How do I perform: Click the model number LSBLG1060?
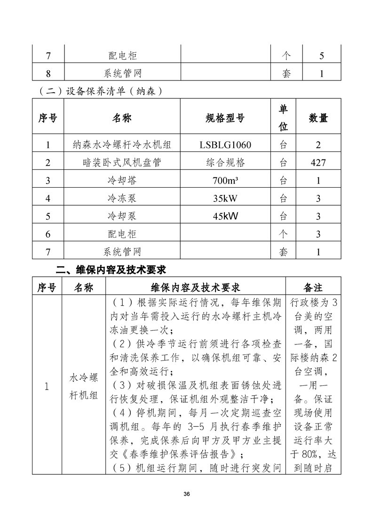pyautogui.click(x=225, y=145)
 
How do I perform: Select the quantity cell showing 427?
pyautogui.click(x=318, y=163)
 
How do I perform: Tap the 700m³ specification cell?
pyautogui.click(x=225, y=180)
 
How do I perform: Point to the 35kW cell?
pyautogui.click(x=225, y=198)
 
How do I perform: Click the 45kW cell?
pyautogui.click(x=225, y=216)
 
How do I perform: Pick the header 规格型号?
pyautogui.click(x=225, y=118)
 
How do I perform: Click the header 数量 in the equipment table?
pyautogui.click(x=318, y=118)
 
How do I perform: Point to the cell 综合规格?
pyautogui.click(x=225, y=163)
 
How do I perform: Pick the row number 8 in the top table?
pyautogui.click(x=48, y=74)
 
